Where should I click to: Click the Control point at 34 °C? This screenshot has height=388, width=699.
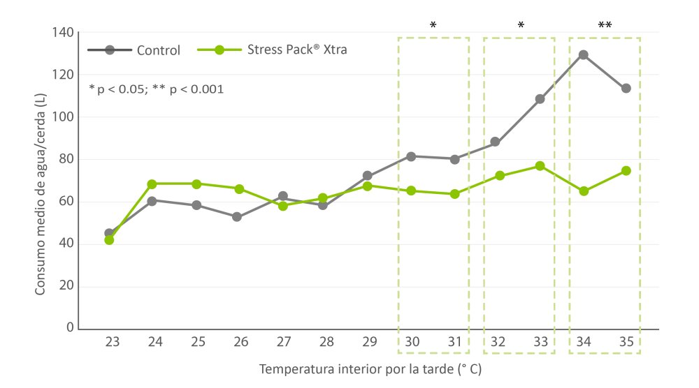click(583, 54)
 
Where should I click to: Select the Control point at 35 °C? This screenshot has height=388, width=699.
click(626, 89)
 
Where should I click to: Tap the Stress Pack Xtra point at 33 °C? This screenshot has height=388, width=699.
click(540, 166)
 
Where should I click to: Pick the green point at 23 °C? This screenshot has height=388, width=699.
click(109, 239)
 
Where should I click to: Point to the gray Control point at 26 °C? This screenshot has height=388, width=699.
click(238, 217)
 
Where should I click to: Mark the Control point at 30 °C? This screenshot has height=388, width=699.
click(411, 156)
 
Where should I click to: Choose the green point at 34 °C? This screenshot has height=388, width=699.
click(584, 191)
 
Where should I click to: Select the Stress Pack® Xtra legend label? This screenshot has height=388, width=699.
click(297, 50)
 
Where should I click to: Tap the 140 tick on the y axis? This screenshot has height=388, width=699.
click(64, 33)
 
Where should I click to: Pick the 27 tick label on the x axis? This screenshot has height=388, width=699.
click(284, 343)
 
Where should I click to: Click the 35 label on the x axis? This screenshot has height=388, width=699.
click(626, 343)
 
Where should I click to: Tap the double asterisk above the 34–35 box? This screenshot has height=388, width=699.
click(605, 26)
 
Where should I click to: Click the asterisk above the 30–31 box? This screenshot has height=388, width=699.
click(433, 26)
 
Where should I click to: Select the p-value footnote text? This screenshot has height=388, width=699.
click(157, 89)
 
